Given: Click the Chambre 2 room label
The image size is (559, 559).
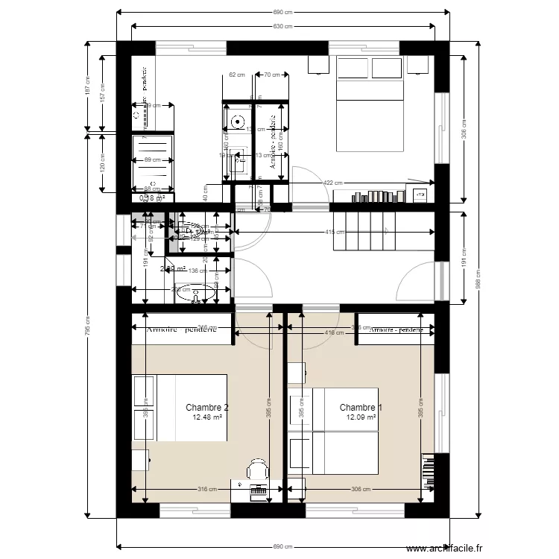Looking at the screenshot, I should [206, 408].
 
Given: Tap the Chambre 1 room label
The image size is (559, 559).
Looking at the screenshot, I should [361, 408].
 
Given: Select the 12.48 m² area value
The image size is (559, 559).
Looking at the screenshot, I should [207, 417].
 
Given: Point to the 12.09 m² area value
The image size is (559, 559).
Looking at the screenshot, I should [361, 417].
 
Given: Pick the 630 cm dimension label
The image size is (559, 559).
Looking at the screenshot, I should [282, 27].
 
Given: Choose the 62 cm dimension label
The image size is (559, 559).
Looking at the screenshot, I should [237, 75].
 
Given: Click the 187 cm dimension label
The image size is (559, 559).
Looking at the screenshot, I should [87, 88].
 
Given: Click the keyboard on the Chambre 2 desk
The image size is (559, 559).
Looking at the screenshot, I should [259, 490].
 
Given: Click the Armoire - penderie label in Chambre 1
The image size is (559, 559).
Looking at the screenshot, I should [401, 329].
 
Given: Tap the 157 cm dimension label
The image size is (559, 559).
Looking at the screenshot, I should [103, 92].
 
